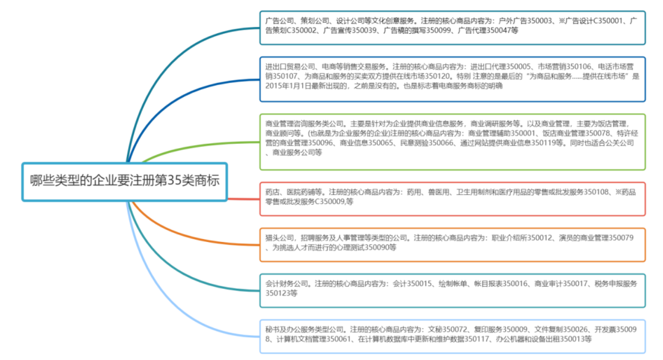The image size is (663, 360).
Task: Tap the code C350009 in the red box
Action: tap(332, 202)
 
